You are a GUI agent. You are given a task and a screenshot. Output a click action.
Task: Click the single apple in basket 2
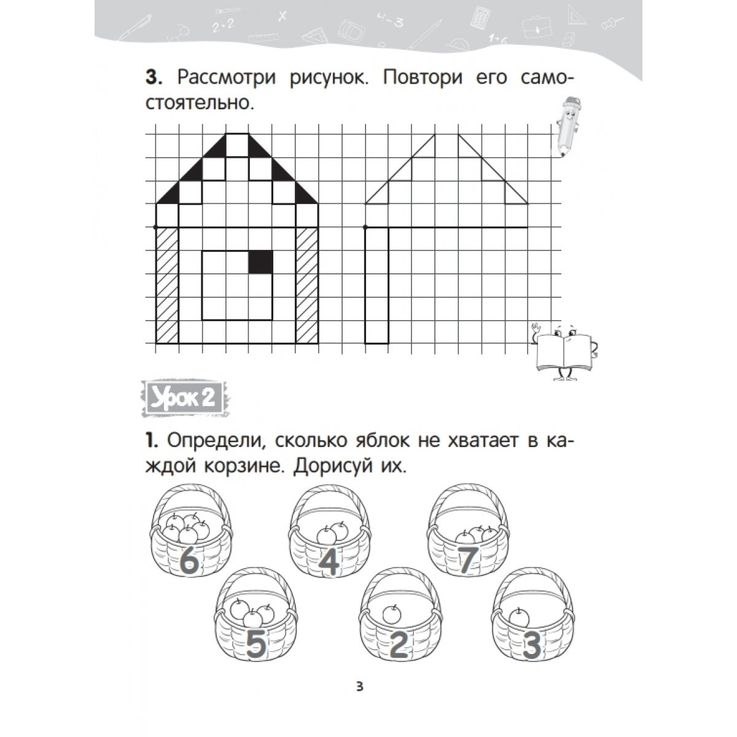[x=391, y=613]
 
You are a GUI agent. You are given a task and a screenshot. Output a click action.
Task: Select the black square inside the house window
[x=260, y=262]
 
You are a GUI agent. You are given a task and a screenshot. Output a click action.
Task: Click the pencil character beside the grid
[x=569, y=126]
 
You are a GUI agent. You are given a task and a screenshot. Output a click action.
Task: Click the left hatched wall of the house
[x=167, y=286]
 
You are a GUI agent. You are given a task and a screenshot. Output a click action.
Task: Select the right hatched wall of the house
[x=307, y=286]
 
